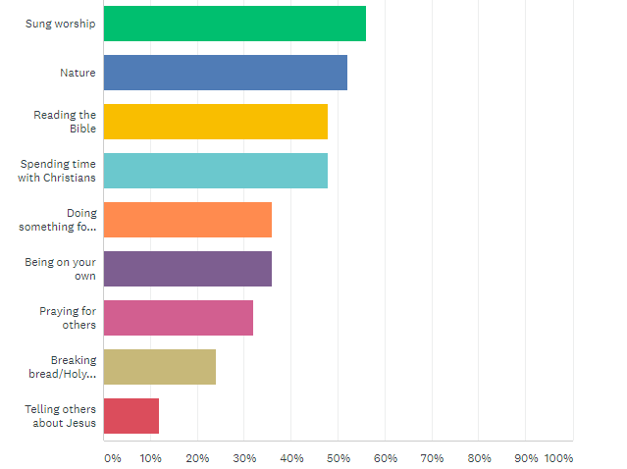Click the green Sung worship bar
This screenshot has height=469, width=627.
click(x=234, y=24)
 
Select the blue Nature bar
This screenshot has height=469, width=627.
click(x=225, y=73)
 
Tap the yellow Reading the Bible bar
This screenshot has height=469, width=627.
click(x=215, y=122)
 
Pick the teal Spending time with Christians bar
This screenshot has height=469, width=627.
click(x=215, y=171)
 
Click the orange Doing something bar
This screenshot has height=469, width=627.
click(x=186, y=220)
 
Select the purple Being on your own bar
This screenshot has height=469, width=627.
click(x=186, y=269)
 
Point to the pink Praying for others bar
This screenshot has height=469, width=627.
click(x=178, y=318)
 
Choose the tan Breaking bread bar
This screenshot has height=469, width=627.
click(x=159, y=367)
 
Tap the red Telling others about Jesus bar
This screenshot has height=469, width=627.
click(x=131, y=416)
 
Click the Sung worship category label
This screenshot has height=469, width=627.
click(x=61, y=24)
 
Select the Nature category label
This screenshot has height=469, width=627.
click(x=78, y=73)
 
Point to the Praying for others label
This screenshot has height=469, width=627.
click(x=68, y=318)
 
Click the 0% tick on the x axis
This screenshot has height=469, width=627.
click(x=113, y=458)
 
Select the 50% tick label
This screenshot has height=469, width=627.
click(x=338, y=458)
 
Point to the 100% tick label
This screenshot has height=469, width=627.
click(x=558, y=458)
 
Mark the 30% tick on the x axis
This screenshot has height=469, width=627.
click(x=243, y=458)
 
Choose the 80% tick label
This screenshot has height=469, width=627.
click(x=479, y=458)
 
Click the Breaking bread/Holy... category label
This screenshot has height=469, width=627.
click(x=64, y=367)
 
